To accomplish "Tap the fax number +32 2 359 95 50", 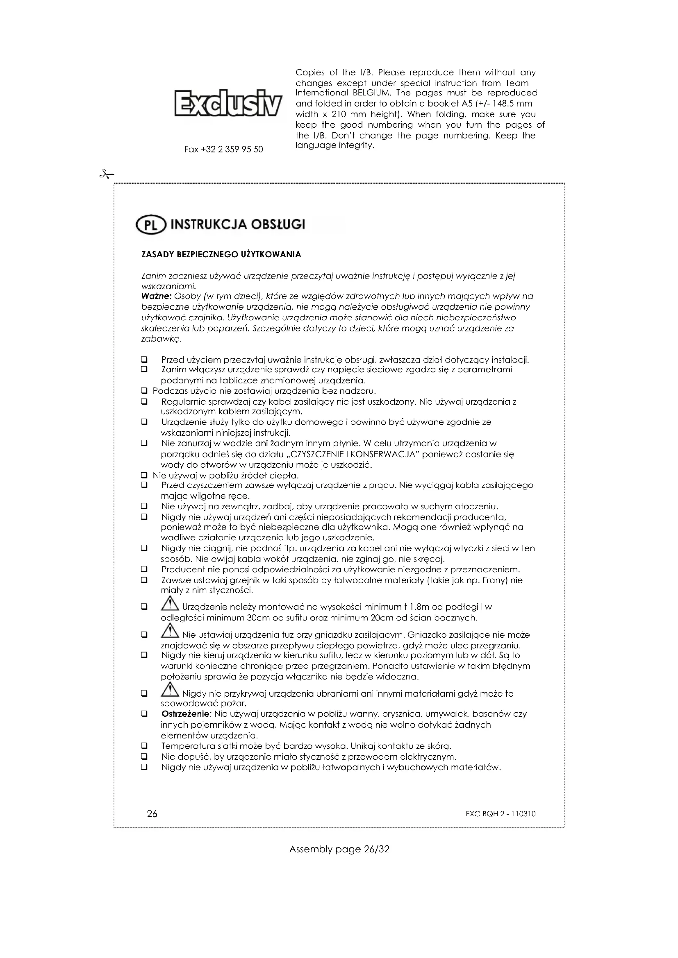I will [x=224, y=149].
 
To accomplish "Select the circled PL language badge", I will [x=151, y=225].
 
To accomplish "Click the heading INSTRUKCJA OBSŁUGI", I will [x=239, y=224].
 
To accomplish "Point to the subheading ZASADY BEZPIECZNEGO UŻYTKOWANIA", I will [x=221, y=254].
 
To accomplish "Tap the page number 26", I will [x=152, y=814].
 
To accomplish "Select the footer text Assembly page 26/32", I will [x=339, y=849].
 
